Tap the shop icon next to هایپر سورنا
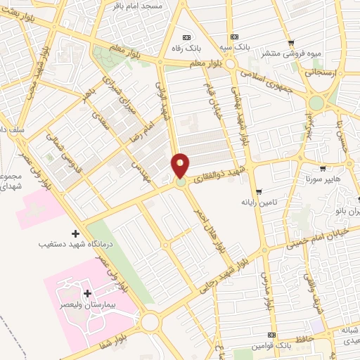322,169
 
